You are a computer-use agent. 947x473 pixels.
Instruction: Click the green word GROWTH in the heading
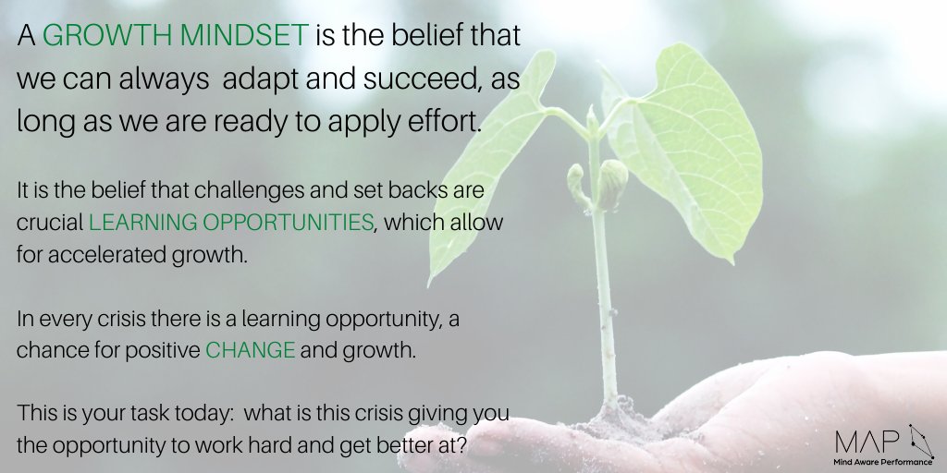[x=99, y=37]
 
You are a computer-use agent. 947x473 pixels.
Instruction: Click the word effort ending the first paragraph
[x=448, y=123]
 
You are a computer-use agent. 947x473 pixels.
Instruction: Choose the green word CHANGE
[x=250, y=350]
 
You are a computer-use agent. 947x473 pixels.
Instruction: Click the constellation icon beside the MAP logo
[x=920, y=441]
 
